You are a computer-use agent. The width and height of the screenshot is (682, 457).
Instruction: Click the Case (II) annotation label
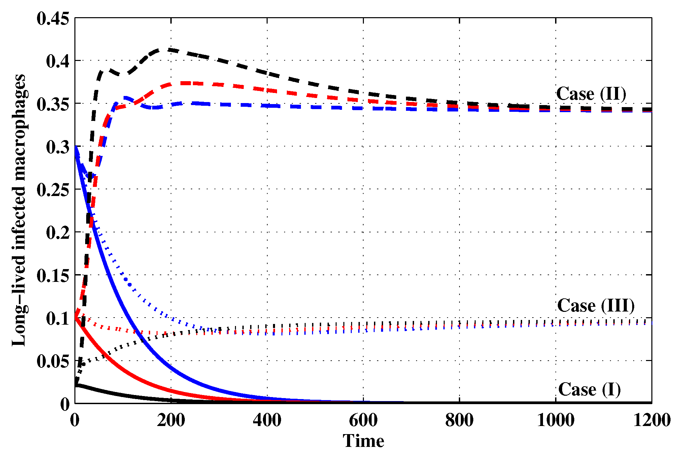591,94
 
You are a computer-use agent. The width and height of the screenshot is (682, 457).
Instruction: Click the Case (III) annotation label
596,306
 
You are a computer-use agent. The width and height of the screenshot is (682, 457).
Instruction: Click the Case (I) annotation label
589,390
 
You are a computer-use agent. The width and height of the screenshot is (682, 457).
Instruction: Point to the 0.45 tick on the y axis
53,19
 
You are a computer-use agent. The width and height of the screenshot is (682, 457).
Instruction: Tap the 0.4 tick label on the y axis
58,61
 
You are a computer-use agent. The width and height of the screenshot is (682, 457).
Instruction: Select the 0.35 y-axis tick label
53,104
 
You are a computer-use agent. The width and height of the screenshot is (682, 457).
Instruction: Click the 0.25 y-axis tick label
53,190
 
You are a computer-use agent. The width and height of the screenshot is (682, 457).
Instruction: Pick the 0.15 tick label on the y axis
53,276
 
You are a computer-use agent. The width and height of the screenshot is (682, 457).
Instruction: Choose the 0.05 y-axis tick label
53,362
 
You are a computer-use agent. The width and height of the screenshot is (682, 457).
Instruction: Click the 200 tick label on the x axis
171,420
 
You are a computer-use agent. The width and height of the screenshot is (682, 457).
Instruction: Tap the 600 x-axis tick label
363,420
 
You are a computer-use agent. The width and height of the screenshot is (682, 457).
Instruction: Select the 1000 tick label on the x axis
555,420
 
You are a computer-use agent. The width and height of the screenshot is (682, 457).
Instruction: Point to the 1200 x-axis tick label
652,420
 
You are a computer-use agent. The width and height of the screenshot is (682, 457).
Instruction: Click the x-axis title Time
363,441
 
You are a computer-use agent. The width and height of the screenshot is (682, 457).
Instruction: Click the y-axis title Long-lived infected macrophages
19,210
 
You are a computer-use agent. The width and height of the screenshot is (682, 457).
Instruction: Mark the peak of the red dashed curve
183,83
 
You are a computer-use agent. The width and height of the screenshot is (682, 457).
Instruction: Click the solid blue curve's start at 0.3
75,147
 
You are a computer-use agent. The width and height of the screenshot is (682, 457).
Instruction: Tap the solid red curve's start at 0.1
75,318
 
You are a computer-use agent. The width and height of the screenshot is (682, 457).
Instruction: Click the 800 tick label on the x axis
459,420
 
